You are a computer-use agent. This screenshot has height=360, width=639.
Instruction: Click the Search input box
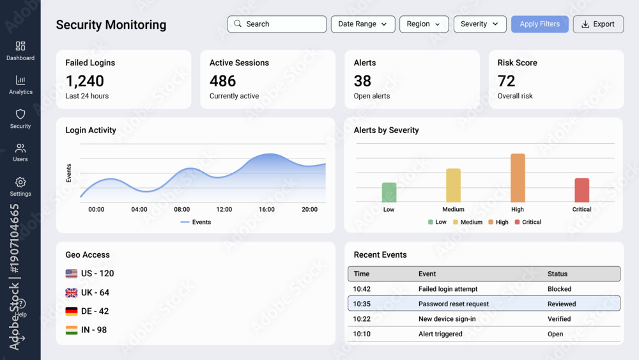pyautogui.click(x=277, y=24)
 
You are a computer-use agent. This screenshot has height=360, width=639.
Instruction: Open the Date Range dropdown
pyautogui.click(x=363, y=24)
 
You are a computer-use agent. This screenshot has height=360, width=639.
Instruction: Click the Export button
pyautogui.click(x=598, y=24)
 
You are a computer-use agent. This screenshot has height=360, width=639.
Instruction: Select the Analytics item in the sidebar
pyautogui.click(x=20, y=85)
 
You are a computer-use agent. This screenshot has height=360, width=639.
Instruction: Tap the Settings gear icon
pyautogui.click(x=20, y=182)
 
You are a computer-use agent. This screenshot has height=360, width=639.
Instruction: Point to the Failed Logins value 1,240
pyautogui.click(x=85, y=81)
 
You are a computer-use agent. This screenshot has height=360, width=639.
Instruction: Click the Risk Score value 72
pyautogui.click(x=506, y=81)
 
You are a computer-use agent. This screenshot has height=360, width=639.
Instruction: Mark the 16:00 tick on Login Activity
pyautogui.click(x=266, y=209)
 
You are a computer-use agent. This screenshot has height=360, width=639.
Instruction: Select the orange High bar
pyautogui.click(x=518, y=178)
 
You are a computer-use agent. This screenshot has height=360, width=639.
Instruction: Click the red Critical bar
pyautogui.click(x=582, y=190)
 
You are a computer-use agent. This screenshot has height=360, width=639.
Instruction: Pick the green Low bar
pyautogui.click(x=389, y=192)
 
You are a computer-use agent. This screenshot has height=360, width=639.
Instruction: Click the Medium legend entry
pyautogui.click(x=468, y=222)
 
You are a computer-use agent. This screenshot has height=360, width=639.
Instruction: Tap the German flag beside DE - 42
pyautogui.click(x=72, y=311)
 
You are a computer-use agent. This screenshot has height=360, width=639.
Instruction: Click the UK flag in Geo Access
pyautogui.click(x=72, y=293)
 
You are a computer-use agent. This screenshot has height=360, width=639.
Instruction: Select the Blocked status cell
pyautogui.click(x=559, y=289)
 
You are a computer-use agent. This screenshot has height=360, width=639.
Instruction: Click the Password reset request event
pyautogui.click(x=454, y=304)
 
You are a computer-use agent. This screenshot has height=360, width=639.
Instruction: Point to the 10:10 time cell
pyautogui.click(x=362, y=334)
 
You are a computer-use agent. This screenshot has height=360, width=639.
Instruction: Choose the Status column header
pyautogui.click(x=557, y=274)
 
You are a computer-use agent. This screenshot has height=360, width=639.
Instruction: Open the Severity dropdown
pyautogui.click(x=480, y=24)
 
